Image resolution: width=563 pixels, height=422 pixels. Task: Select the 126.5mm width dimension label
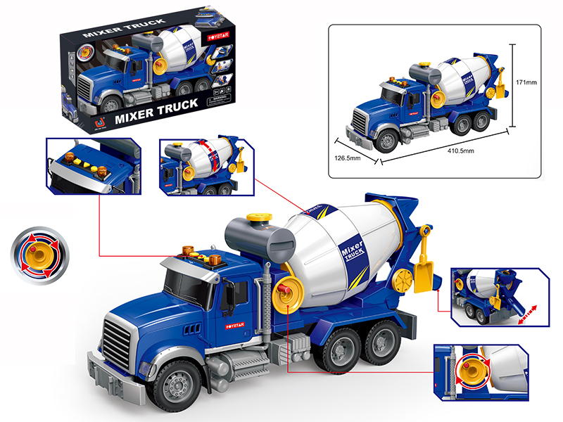coord(346,158)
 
